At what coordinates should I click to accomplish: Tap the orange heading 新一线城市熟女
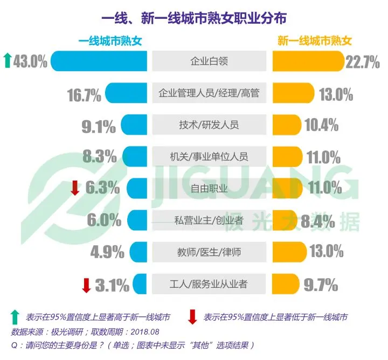coord(315,41)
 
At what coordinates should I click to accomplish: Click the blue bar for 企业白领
coord(100,61)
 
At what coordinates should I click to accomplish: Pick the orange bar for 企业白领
coord(308,61)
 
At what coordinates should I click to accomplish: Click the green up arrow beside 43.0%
coord(6,61)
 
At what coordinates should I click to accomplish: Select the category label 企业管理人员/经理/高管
coord(209,93)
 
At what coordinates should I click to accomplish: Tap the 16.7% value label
coord(85,95)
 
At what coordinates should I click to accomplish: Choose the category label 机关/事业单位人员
coord(209,157)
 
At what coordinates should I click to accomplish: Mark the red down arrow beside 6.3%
coord(75,188)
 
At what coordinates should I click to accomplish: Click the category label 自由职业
coord(209,188)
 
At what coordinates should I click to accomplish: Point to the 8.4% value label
coord(317,220)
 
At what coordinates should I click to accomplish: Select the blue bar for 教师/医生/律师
coord(138,252)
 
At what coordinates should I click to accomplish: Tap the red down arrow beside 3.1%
coord(86,285)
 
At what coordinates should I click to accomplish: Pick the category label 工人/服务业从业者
coord(209,283)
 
